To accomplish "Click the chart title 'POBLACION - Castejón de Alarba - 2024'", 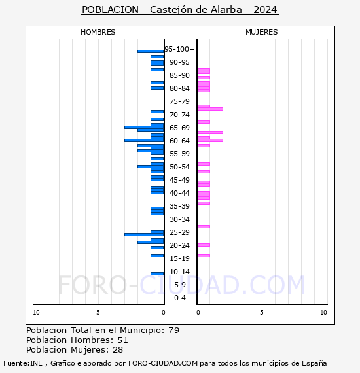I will pos(179,10).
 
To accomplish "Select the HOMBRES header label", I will pos(98,32).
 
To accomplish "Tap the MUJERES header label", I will pos(261,32).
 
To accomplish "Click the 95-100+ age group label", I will pos(179,49).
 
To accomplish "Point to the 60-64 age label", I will pos(179,141).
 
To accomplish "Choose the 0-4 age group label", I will pos(180,298).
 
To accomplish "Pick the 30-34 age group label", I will pos(179,219).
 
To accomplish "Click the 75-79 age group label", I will pos(179,101).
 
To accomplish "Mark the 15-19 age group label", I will pos(179,258).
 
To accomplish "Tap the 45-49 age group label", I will pos(179,180).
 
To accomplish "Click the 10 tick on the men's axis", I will pos(36,313).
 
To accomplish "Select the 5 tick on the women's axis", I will pos(261,313).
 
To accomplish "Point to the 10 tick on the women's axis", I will pos(323,313).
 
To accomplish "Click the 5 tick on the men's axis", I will pos(98,313).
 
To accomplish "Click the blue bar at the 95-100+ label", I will pos(150,51).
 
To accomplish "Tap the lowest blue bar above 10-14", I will pos(157,274).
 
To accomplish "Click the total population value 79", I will pos(173,330).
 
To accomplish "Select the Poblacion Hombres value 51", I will pos(122,340).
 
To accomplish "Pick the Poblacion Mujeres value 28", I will pos(118,350).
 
